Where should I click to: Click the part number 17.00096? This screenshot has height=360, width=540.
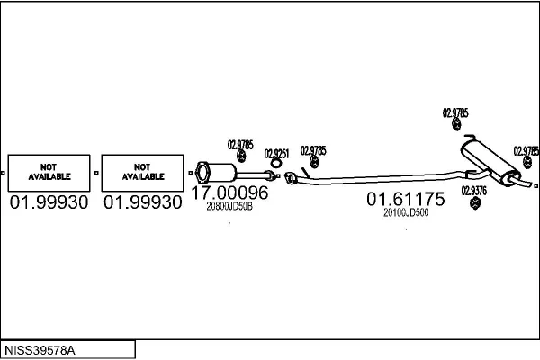pos(229,193)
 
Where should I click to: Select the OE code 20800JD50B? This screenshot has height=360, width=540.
pos(229,206)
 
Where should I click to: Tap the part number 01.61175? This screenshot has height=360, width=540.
pos(406,199)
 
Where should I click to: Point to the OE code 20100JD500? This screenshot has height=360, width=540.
pos(406,212)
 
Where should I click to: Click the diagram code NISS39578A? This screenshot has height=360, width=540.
pos(40,350)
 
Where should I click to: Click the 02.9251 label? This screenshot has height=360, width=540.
pos(276,154)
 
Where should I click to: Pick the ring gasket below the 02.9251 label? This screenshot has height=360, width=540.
pos(275,164)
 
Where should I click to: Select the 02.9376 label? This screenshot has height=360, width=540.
pos(474,191)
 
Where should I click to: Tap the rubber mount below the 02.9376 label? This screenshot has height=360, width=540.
pos(475,202)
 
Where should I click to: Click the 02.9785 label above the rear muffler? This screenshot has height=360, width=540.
pos(455,113)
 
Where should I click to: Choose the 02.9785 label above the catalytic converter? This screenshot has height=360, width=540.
pos(240,145)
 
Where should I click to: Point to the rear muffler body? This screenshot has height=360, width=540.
pos(490,160)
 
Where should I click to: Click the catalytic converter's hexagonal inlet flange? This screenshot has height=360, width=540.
pos(202,172)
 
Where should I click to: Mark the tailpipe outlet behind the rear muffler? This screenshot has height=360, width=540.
pos(526,184)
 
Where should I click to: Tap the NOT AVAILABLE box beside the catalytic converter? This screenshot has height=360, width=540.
pos(142,173)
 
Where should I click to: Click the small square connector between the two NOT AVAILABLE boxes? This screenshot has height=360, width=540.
pos(96,173)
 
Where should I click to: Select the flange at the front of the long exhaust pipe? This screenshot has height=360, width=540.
pos(290,177)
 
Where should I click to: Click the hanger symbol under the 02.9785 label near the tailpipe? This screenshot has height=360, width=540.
pos(527,162)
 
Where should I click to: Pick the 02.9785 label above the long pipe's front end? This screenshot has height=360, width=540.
pos(313,151)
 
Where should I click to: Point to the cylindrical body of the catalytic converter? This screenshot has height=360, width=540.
pos(222,172)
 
